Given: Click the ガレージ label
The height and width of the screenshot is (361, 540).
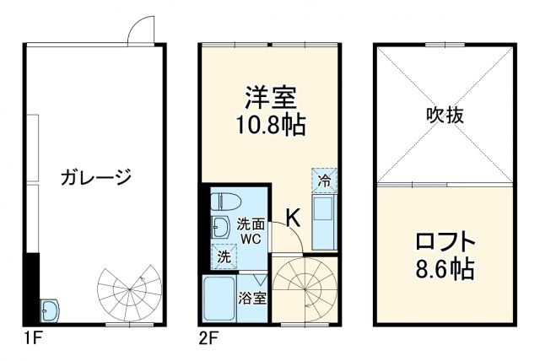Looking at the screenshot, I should pos(96,177).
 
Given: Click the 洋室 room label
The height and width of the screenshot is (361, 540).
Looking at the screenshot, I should pos(270,97).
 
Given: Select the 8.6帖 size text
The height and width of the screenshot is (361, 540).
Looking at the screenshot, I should pos(444,272).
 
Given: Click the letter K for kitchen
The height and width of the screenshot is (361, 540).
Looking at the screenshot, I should pos(292,218).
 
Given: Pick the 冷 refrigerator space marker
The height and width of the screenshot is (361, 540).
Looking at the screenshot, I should pos(324,180).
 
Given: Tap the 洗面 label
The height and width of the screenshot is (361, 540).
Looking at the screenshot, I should pos(250,224).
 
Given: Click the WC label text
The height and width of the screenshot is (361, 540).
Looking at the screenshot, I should pos(250,239).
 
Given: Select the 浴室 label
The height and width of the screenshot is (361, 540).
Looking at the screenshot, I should pos(252,298).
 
